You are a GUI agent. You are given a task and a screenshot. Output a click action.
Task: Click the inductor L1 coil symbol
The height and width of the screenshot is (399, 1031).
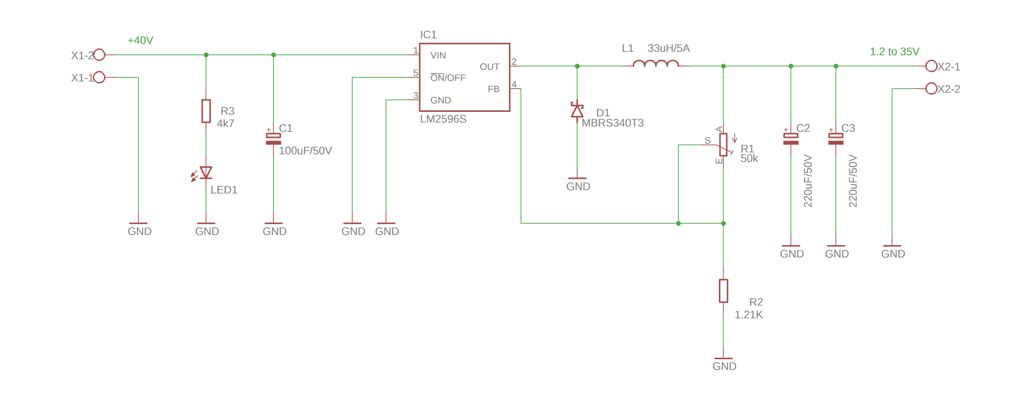pyautogui.click(x=655, y=64)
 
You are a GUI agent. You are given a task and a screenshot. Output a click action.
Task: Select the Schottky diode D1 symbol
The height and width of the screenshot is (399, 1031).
pyautogui.click(x=577, y=111)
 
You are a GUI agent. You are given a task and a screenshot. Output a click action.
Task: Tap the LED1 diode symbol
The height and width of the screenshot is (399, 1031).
pyautogui.click(x=205, y=173)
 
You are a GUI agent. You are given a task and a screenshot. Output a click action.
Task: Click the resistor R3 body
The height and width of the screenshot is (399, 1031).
pyautogui.click(x=206, y=111)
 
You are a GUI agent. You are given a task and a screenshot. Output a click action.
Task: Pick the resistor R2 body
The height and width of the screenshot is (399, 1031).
pyautogui.click(x=723, y=291)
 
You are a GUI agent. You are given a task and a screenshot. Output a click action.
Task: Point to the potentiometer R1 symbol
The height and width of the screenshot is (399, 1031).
pyautogui.click(x=723, y=145)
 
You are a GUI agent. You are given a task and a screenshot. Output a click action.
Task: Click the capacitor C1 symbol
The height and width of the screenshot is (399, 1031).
pyautogui.click(x=273, y=139)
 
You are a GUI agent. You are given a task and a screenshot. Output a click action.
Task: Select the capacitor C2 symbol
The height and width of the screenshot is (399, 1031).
pyautogui.click(x=791, y=139)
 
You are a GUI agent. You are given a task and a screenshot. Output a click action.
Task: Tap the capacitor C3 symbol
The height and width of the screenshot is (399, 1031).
pyautogui.click(x=836, y=139)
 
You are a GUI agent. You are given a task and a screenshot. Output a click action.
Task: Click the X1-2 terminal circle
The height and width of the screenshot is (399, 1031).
pyautogui.click(x=100, y=54)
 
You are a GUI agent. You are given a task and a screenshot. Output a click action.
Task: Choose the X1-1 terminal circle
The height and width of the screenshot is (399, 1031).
pyautogui.click(x=100, y=77)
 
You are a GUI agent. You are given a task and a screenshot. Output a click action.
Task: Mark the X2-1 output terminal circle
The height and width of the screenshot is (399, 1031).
pyautogui.click(x=931, y=66)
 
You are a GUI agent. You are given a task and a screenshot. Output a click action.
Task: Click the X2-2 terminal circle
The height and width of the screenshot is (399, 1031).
pyautogui.click(x=931, y=89)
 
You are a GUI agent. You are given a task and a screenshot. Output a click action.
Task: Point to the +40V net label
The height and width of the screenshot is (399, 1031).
pyautogui.click(x=140, y=40)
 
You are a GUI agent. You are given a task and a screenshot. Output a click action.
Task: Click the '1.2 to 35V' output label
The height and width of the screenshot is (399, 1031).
pyautogui.click(x=895, y=51)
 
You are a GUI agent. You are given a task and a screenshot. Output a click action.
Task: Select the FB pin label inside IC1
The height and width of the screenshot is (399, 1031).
pyautogui.click(x=493, y=89)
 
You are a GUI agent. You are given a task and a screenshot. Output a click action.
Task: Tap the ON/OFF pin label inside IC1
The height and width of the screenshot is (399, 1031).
pyautogui.click(x=448, y=78)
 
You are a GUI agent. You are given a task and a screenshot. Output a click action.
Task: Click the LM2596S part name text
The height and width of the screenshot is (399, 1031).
pyautogui.click(x=443, y=119)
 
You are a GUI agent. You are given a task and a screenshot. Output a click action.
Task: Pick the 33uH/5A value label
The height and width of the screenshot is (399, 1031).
pyautogui.click(x=669, y=48)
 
